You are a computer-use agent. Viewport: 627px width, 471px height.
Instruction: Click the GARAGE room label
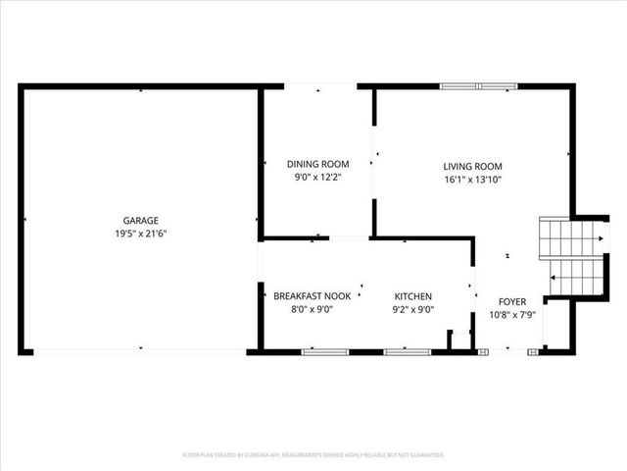coord(140,221)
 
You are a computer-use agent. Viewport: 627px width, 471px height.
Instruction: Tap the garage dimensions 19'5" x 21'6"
coord(140,234)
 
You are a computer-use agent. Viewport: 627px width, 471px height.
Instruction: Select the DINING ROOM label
coord(317,164)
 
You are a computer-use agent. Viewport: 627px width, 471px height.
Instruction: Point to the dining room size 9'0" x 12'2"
coord(317,178)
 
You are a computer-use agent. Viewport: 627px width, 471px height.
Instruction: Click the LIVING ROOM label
coord(472,167)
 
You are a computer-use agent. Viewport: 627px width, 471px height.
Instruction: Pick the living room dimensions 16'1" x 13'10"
coord(472,180)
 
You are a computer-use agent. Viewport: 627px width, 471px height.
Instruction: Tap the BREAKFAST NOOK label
coord(312,296)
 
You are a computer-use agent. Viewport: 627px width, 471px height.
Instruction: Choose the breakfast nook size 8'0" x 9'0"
coord(312,309)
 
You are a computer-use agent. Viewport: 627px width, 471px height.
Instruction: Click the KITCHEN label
coord(412,296)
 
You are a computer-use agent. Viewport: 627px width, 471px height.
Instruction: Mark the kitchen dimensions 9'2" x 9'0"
coord(412,309)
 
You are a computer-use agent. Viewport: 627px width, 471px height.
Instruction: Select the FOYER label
coord(512,302)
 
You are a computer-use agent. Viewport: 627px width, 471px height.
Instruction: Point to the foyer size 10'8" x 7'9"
coord(512,315)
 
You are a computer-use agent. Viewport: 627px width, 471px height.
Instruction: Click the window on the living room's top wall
coord(478,86)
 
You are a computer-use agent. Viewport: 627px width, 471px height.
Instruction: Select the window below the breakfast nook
coord(326,351)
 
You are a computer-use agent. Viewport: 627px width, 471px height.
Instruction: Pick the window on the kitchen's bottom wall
coord(407,351)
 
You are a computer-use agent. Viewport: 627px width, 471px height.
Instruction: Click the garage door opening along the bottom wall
coord(140,350)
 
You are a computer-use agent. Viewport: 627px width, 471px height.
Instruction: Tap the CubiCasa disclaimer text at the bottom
coord(313,455)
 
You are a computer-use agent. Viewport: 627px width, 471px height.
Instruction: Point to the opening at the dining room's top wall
coord(320,86)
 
